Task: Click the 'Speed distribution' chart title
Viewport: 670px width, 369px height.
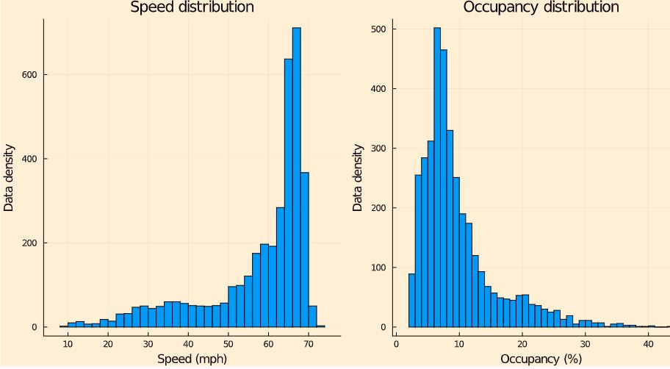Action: tap(192, 7)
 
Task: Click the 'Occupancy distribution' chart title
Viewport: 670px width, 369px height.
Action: tap(541, 7)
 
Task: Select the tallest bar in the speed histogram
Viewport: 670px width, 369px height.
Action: tap(297, 176)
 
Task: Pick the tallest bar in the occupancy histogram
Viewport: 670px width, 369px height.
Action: tap(437, 176)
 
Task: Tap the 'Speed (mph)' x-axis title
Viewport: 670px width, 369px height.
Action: tap(192, 359)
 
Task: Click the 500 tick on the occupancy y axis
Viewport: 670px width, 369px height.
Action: tap(382, 29)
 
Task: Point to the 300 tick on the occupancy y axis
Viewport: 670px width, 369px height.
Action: tap(382, 148)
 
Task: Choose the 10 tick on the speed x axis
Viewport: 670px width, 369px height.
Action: tap(68, 343)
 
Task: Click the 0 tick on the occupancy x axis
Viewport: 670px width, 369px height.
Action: tap(396, 343)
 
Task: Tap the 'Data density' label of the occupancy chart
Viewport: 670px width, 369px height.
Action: tap(358, 176)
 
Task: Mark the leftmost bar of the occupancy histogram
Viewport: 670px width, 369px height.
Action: tap(411, 300)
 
